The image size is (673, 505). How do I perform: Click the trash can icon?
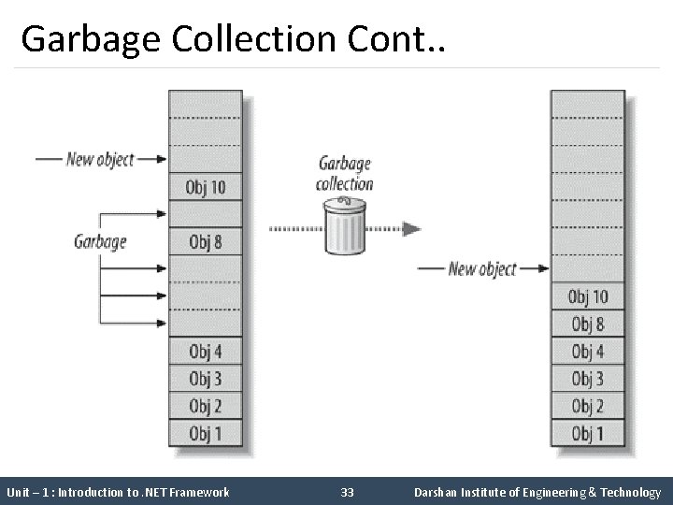(x=344, y=229)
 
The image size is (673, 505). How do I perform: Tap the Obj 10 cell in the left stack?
(x=206, y=187)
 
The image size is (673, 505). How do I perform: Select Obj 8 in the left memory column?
(x=206, y=242)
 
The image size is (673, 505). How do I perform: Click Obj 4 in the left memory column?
(x=206, y=352)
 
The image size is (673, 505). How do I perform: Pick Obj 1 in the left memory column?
(x=206, y=433)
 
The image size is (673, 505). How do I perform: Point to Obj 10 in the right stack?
(x=588, y=297)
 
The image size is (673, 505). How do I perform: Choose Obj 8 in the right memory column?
(x=588, y=325)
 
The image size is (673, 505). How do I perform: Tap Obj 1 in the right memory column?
(x=588, y=433)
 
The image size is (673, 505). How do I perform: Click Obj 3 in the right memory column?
(x=588, y=379)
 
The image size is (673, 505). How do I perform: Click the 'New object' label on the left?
(x=100, y=159)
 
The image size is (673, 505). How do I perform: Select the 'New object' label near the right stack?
(x=481, y=269)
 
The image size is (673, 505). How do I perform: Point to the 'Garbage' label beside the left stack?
(x=100, y=242)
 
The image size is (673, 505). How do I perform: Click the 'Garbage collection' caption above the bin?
(x=344, y=174)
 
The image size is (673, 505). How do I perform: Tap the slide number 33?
(x=348, y=492)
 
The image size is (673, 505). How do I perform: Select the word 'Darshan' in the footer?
(x=436, y=492)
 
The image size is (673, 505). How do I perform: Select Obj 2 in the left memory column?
(x=206, y=406)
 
